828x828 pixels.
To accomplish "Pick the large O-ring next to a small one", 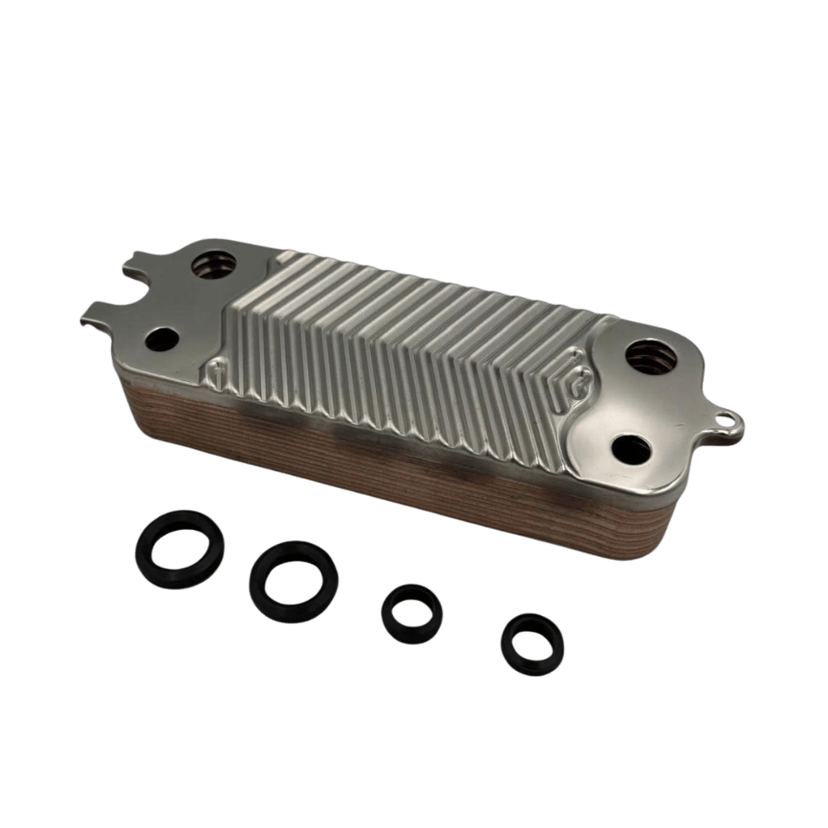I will (x=292, y=578).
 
